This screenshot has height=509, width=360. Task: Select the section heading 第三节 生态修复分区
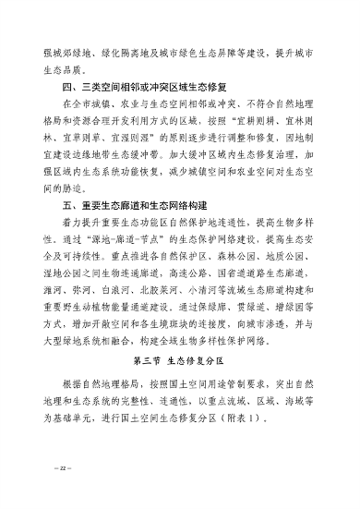coord(179,359)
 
